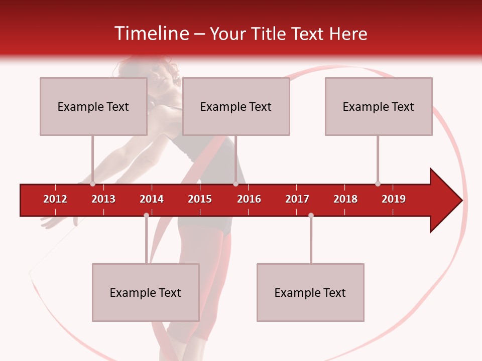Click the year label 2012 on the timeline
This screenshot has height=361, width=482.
[x=55, y=199]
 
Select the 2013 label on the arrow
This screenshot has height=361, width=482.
[x=103, y=199]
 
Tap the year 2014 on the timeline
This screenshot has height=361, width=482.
[x=152, y=199]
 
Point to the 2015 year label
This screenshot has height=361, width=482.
[x=200, y=199]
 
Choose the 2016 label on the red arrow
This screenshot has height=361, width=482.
[x=249, y=199]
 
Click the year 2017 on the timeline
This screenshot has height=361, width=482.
[x=297, y=199]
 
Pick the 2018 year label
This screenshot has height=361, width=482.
[x=345, y=199]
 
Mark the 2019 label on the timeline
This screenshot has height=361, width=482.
[x=394, y=199]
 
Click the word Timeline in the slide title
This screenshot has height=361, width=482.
[x=150, y=34]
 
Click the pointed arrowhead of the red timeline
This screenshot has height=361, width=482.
[x=447, y=201]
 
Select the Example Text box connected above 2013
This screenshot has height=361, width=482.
[x=93, y=106]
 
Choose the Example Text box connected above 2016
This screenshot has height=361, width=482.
[x=236, y=106]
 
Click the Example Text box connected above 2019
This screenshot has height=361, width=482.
[x=379, y=106]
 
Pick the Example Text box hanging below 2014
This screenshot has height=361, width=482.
[x=146, y=292]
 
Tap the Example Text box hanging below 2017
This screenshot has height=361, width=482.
[x=310, y=292]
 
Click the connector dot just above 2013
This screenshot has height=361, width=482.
[x=92, y=184]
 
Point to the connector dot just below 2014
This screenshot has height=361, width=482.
[x=146, y=215]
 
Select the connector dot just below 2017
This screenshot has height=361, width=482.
[x=311, y=215]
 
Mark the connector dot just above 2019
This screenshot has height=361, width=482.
[x=378, y=184]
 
